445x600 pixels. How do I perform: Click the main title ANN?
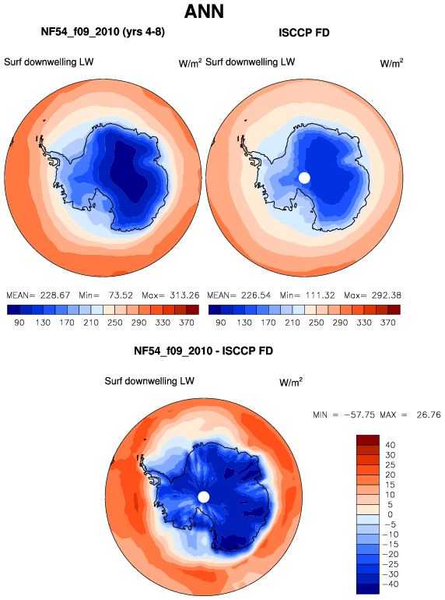tap(204, 11)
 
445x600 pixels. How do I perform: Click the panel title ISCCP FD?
tap(304, 33)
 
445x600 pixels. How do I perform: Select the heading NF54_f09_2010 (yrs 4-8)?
tap(103, 32)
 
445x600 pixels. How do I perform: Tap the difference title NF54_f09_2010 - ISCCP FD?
tap(203, 351)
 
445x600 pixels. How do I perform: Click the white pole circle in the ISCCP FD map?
tap(304, 178)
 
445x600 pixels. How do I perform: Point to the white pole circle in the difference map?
tap(204, 497)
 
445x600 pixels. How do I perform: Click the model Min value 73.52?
tap(121, 295)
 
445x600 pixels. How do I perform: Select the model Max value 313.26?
tap(184, 295)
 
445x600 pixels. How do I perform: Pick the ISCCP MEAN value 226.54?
tap(255, 295)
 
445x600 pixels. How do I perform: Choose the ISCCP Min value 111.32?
tap(320, 295)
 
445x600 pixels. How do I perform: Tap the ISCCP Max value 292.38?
tap(386, 295)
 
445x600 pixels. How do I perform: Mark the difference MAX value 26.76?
tap(429, 415)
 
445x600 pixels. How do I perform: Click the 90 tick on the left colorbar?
tap(19, 323)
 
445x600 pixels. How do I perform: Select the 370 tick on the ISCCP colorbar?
tap(387, 323)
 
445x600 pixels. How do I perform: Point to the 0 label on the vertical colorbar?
tap(390, 514)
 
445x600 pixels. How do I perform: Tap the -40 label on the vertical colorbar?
tap(390, 584)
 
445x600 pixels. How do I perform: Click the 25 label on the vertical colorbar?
tap(390, 465)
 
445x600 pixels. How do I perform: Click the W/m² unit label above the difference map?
tap(291, 382)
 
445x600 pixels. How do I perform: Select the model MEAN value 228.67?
tap(55, 295)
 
